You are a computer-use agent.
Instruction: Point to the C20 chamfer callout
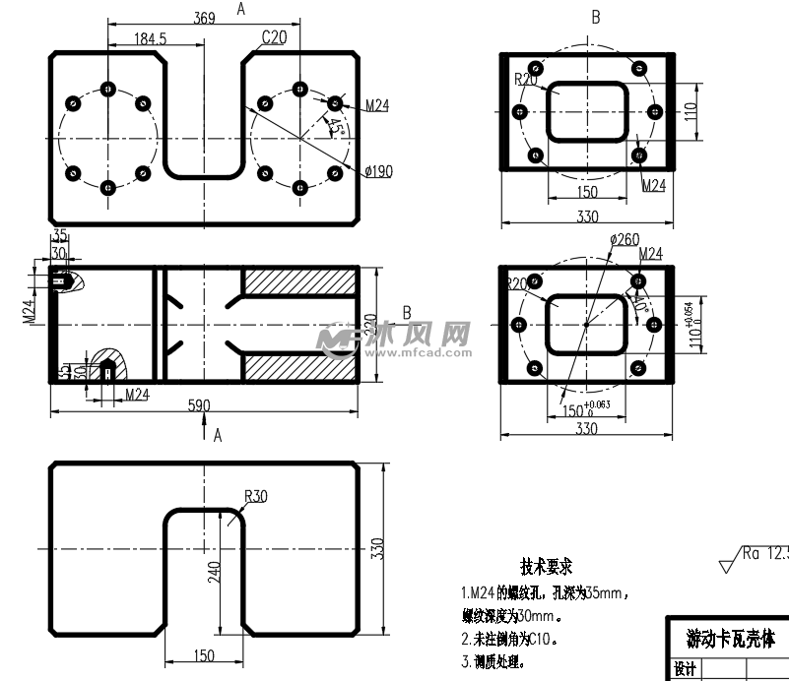pos(274,37)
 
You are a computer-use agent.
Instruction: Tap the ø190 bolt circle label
pos(377,171)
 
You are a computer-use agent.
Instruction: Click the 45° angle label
pos(335,128)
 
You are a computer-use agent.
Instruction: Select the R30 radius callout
pos(254,496)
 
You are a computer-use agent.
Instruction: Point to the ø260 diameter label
pos(625,239)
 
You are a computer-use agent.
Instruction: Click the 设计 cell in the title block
pos(685,670)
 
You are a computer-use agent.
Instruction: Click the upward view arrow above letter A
pos(204,425)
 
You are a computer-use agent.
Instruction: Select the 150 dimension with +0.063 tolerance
pos(581,407)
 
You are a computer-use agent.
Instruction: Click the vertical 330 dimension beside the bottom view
pos(374,549)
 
